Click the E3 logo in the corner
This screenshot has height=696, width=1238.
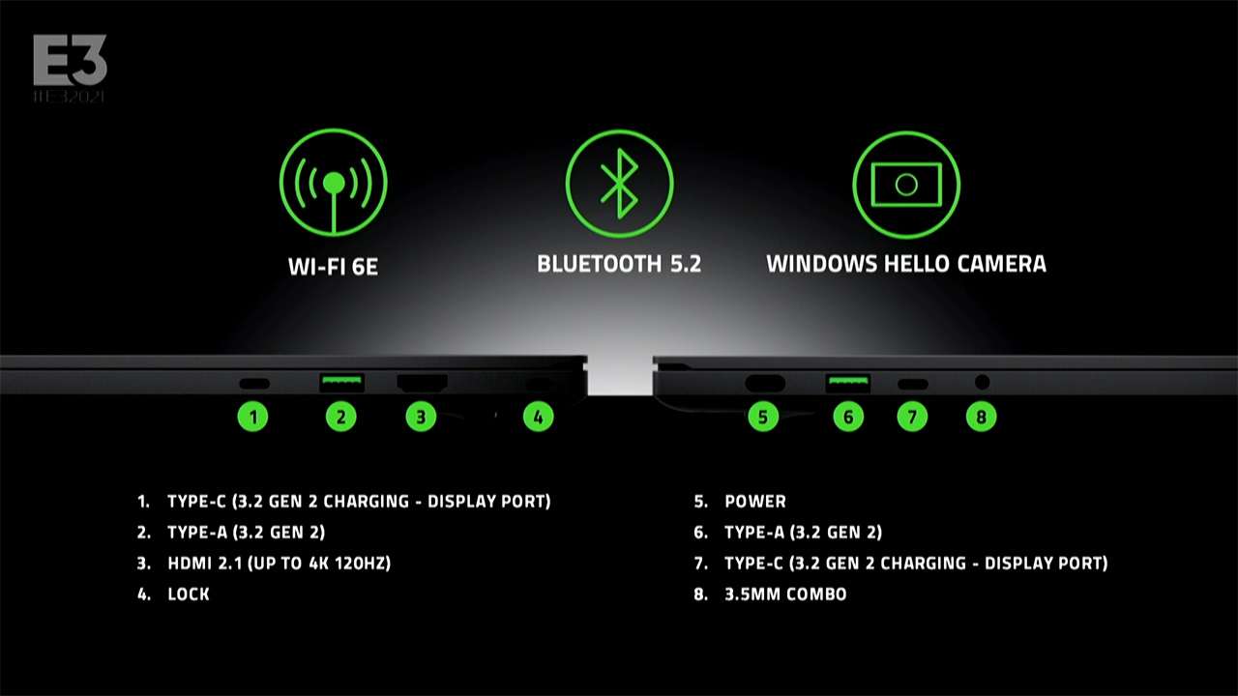tap(70, 68)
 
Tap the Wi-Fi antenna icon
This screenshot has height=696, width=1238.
tap(334, 183)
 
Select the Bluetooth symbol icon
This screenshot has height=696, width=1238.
tap(620, 184)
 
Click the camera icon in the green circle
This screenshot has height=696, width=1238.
tap(906, 185)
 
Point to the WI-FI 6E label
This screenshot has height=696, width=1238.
tap(334, 267)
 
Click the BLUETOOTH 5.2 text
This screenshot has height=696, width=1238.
tap(619, 264)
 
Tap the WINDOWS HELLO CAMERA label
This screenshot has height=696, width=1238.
tap(906, 264)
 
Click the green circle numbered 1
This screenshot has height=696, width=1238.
tap(253, 417)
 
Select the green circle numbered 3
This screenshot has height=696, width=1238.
tap(421, 417)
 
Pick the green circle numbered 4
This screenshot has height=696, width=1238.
tap(539, 417)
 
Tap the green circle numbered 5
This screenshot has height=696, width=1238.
tap(763, 417)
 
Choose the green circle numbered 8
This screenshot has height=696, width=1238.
tap(982, 417)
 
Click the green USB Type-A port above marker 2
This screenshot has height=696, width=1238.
tap(341, 383)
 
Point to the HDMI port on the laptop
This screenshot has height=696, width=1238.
tap(423, 382)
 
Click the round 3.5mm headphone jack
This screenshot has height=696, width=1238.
tap(982, 382)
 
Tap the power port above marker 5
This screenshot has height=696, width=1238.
tap(765, 383)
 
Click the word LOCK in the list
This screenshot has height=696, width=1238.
tap(189, 594)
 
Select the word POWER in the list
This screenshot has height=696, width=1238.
tap(755, 502)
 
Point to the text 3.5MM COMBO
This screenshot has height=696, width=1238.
tap(785, 594)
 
